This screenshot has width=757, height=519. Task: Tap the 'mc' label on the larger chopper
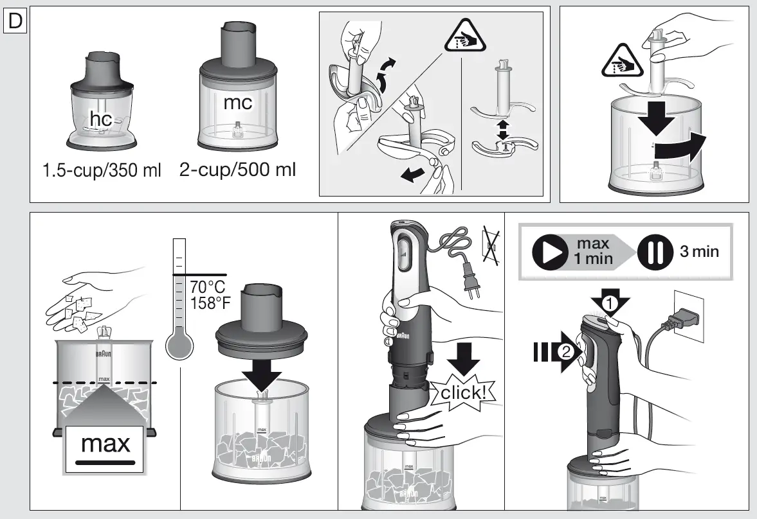click(x=237, y=102)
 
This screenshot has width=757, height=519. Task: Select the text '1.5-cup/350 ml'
click(x=102, y=172)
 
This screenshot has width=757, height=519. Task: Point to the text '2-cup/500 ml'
click(x=238, y=172)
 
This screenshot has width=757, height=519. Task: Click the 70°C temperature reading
click(x=207, y=286)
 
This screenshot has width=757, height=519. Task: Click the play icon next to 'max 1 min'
click(x=551, y=252)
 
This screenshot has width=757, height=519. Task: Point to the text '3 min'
click(x=699, y=251)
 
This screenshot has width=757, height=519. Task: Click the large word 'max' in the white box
click(x=105, y=443)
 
